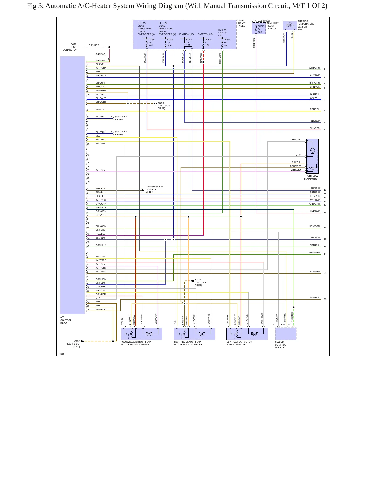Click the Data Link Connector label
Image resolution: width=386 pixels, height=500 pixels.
[x=70, y=47]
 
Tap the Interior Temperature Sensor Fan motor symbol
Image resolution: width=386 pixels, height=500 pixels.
[x=290, y=25]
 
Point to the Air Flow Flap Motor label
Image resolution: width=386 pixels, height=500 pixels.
[x=311, y=178]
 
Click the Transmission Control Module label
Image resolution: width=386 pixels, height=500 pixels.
[x=154, y=189]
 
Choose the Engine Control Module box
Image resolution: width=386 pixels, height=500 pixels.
[x=286, y=334]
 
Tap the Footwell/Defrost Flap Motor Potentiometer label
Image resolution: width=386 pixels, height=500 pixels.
[x=136, y=343]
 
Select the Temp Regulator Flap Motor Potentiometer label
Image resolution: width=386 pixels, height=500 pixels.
[x=188, y=343]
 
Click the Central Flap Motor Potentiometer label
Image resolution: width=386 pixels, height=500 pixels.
[x=239, y=343]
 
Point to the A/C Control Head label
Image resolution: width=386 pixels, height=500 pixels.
[x=66, y=320]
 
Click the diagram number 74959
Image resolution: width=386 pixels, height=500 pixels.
[x=61, y=354]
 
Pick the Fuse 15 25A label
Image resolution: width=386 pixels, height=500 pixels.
[x=151, y=42]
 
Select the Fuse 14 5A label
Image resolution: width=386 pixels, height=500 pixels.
[x=227, y=43]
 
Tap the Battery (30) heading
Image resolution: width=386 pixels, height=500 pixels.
[x=205, y=34]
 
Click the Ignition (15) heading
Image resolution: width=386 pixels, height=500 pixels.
[x=186, y=34]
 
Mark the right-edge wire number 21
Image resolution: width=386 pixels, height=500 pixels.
[x=325, y=299]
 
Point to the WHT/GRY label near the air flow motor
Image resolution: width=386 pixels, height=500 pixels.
[x=295, y=140]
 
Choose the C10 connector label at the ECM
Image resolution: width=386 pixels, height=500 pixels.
[x=275, y=324]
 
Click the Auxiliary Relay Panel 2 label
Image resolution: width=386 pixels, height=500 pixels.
[x=272, y=26]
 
